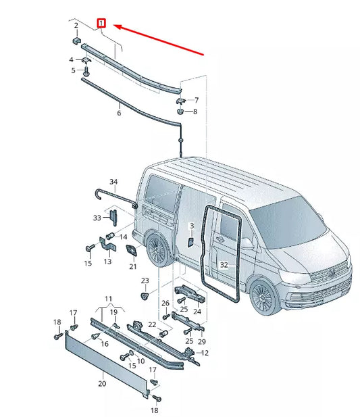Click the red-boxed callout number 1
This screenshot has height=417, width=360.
(101, 23)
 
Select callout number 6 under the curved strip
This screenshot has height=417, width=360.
(119, 114)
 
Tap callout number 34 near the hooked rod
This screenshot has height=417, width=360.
(113, 182)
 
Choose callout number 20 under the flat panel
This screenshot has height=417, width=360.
(101, 383)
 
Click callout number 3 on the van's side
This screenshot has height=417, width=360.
(191, 225)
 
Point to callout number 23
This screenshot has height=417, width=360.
(144, 280)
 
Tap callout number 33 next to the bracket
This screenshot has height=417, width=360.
(97, 218)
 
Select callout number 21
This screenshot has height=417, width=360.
(133, 266)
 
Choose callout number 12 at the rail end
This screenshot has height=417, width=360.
(205, 353)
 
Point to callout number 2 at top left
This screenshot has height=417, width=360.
(76, 26)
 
